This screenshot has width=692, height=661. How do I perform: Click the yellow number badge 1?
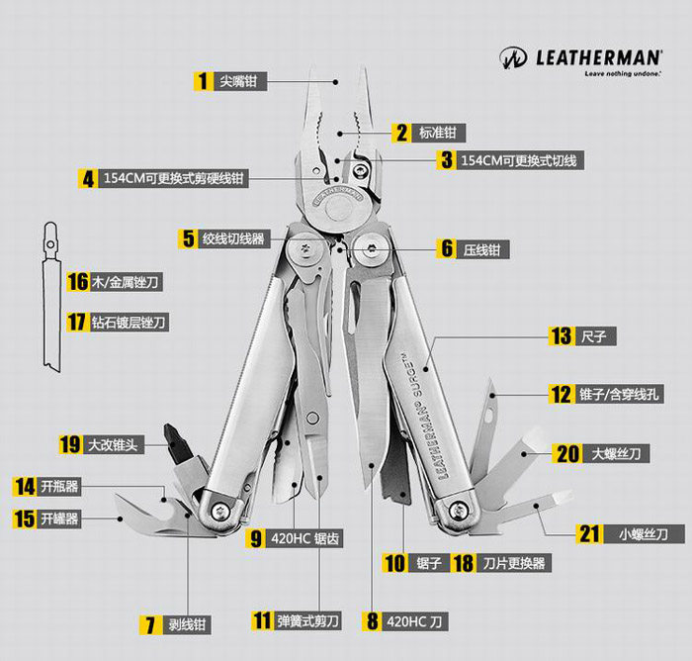203,81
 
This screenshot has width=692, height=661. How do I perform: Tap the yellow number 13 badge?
562,336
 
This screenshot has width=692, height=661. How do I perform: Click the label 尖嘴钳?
237,81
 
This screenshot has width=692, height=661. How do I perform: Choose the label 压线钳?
482,249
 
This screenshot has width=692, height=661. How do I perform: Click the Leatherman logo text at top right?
600,56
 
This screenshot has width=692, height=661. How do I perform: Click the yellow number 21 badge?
590,534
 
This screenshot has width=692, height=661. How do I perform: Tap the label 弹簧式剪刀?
308,621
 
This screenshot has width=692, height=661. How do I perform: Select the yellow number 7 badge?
150,624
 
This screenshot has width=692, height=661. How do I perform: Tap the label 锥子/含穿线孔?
621,394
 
